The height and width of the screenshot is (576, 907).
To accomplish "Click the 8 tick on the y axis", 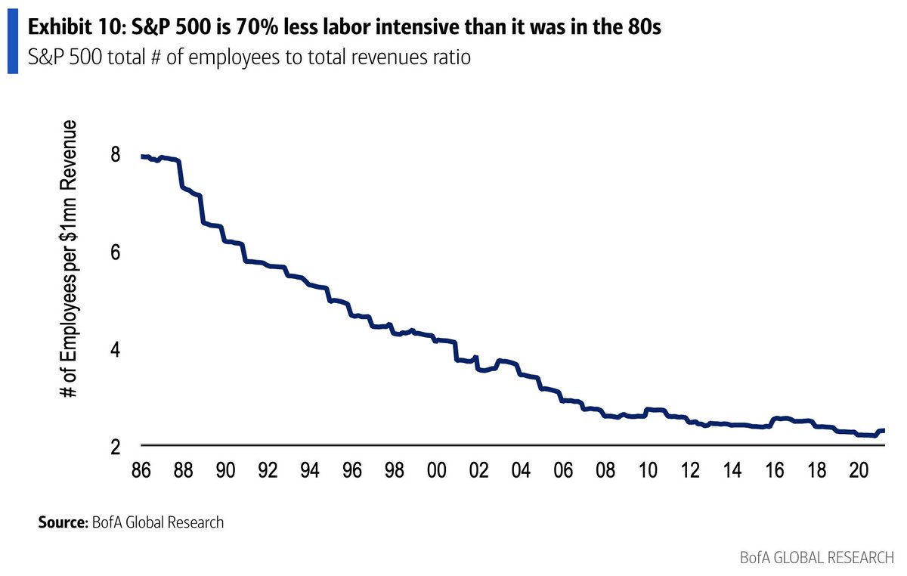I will point(115,156).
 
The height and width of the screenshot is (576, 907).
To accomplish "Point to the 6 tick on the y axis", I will point(115,253).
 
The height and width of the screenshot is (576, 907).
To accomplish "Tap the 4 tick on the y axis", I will point(115,350).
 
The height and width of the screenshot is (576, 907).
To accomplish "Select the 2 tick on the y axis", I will point(115,447).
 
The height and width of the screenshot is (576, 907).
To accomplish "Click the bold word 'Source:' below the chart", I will point(62,522).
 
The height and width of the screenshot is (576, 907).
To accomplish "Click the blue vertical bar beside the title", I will point(12,42).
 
